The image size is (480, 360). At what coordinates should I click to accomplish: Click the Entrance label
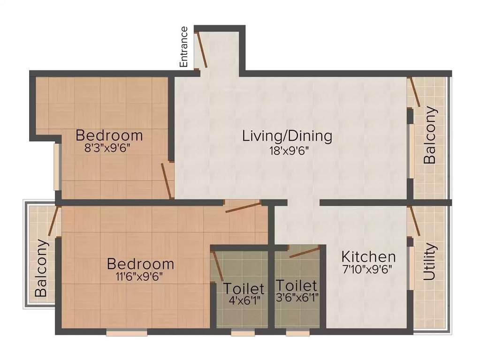(x=184, y=47)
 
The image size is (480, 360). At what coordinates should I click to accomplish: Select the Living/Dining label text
(x=287, y=136)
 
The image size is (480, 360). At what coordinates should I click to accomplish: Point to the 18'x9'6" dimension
(x=287, y=150)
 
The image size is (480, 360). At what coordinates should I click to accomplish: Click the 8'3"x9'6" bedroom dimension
(x=106, y=149)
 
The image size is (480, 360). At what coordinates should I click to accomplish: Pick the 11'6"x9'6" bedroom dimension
(x=140, y=277)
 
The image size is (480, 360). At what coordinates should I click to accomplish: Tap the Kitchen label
(x=368, y=257)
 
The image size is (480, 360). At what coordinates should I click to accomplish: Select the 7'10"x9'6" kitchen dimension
(x=367, y=270)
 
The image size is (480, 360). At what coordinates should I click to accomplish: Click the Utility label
(x=430, y=262)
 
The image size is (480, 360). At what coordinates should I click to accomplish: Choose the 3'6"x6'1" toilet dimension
(x=297, y=298)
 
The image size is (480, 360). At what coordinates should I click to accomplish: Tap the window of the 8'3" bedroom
(x=57, y=166)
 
